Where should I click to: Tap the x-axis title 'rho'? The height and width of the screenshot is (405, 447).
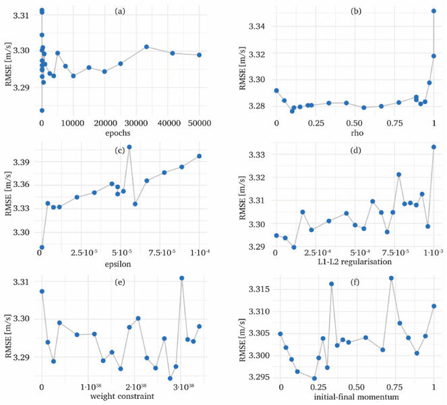pyautogui.click(x=355, y=134)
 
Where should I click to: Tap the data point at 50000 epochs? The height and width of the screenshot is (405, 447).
pyautogui.click(x=200, y=55)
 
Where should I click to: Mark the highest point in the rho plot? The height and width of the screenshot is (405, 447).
pyautogui.click(x=434, y=11)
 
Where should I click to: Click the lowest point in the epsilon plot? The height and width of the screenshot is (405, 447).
pyautogui.click(x=42, y=247)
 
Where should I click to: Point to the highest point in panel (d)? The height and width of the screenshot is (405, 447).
pyautogui.click(x=434, y=146)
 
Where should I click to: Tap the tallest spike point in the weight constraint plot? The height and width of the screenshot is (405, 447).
pyautogui.click(x=181, y=278)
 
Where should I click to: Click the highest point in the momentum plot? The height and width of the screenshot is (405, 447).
pyautogui.click(x=391, y=278)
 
